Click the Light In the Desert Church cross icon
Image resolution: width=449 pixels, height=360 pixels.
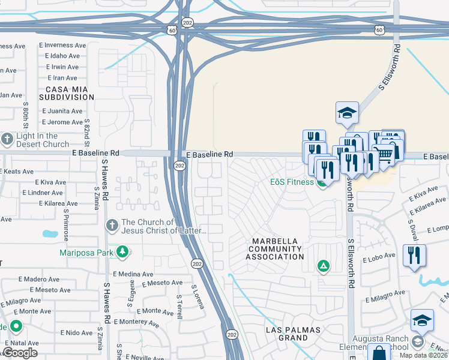[7, 140]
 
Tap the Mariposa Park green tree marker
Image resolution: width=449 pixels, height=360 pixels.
[122, 251]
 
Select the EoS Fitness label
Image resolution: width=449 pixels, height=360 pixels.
[292, 182]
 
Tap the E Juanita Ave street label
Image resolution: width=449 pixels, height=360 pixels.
[62, 111]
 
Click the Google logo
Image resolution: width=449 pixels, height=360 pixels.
[19, 353]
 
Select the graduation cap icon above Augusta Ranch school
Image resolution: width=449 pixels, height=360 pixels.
[422, 320]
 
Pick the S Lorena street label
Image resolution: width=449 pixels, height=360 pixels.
[197, 297]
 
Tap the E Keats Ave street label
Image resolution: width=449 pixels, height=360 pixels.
[16, 172]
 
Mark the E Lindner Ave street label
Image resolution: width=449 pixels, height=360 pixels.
[42, 193]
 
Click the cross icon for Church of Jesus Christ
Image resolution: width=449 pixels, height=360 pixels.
[111, 226]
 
